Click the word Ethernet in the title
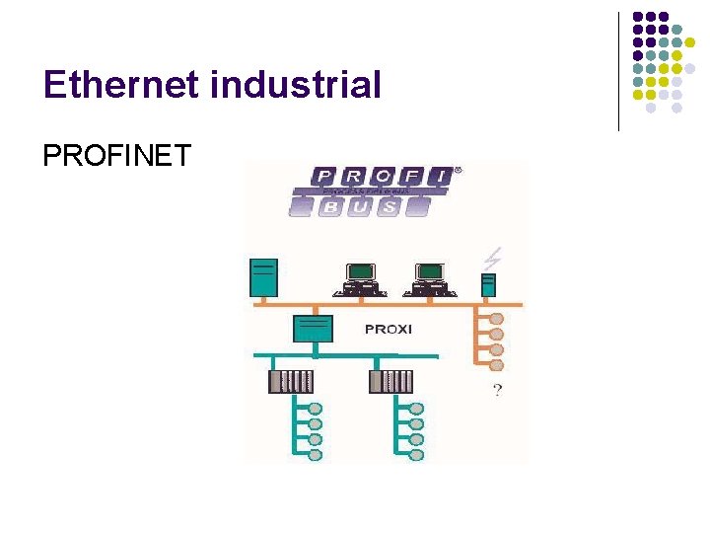120,86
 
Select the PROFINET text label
116,156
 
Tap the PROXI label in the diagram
388,329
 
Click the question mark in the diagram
496,391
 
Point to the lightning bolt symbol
491,259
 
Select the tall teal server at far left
264,277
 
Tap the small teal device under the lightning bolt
487,284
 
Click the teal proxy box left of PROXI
313,328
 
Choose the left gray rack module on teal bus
290,381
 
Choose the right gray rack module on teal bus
390,381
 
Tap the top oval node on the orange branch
496,319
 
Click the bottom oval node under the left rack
316,455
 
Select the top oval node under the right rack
416,409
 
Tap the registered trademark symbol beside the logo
458,170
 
